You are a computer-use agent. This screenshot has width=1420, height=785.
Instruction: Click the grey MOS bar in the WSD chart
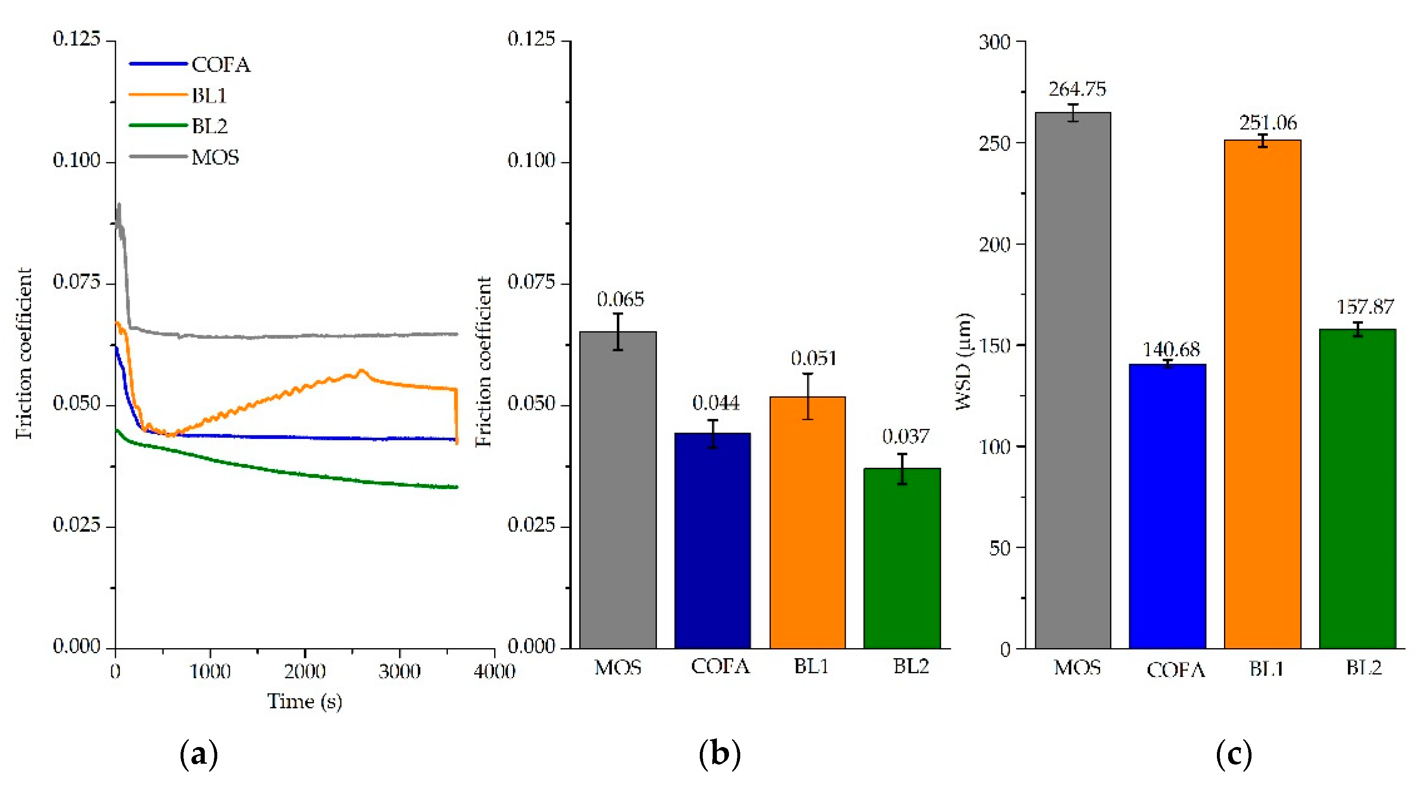[x=1072, y=381]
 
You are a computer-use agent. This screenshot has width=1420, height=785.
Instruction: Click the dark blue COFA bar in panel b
[x=712, y=540]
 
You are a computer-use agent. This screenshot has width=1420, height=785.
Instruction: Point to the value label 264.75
[x=1077, y=89]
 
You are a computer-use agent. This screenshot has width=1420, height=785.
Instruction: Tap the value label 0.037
[x=905, y=437]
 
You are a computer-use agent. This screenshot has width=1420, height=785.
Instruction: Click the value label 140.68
[x=1170, y=349]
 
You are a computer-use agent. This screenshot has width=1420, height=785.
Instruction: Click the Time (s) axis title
[x=304, y=701]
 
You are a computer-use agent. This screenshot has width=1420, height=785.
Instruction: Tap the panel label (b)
[x=719, y=754]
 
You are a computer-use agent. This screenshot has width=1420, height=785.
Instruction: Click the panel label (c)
[x=1234, y=754]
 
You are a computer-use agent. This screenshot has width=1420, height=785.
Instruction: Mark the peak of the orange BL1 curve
[x=362, y=371]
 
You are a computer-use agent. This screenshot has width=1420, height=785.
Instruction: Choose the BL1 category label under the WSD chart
[x=1266, y=669]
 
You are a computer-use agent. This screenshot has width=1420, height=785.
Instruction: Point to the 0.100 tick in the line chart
[x=77, y=161]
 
